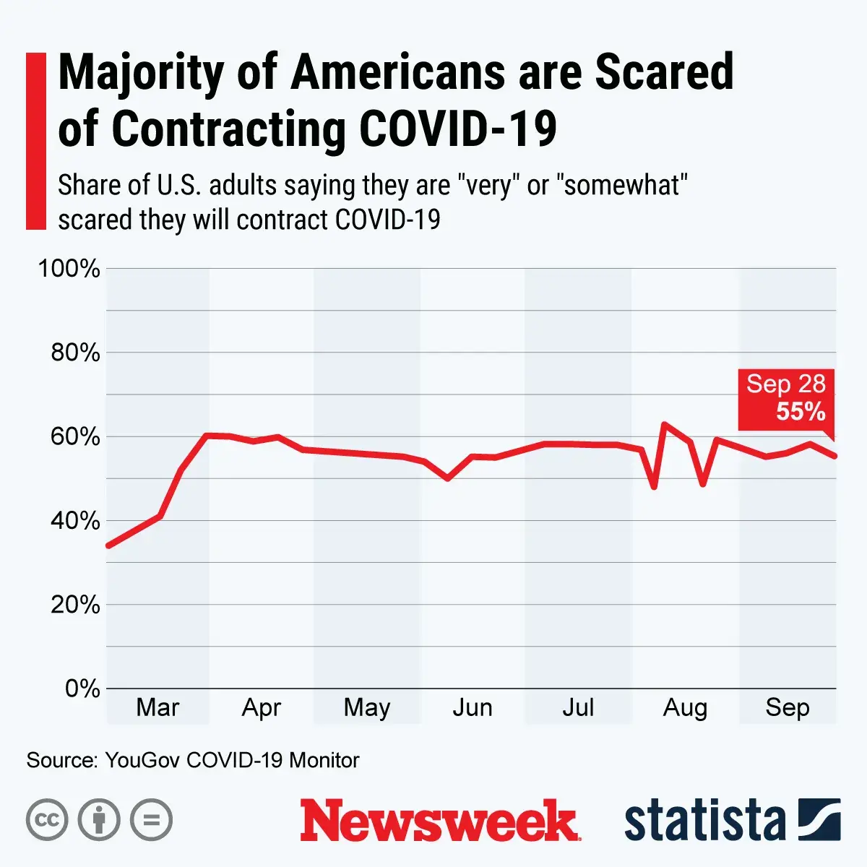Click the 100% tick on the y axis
pos(69,269)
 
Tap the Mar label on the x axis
pos(158,707)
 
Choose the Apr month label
pos(261,707)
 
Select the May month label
pos(366,707)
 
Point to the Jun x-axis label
pos(473,707)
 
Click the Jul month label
pos(578,707)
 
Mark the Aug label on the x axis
pos(685,707)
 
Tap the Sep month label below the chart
pos(788,707)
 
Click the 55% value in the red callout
pos(801,411)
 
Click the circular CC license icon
pos(47,820)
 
